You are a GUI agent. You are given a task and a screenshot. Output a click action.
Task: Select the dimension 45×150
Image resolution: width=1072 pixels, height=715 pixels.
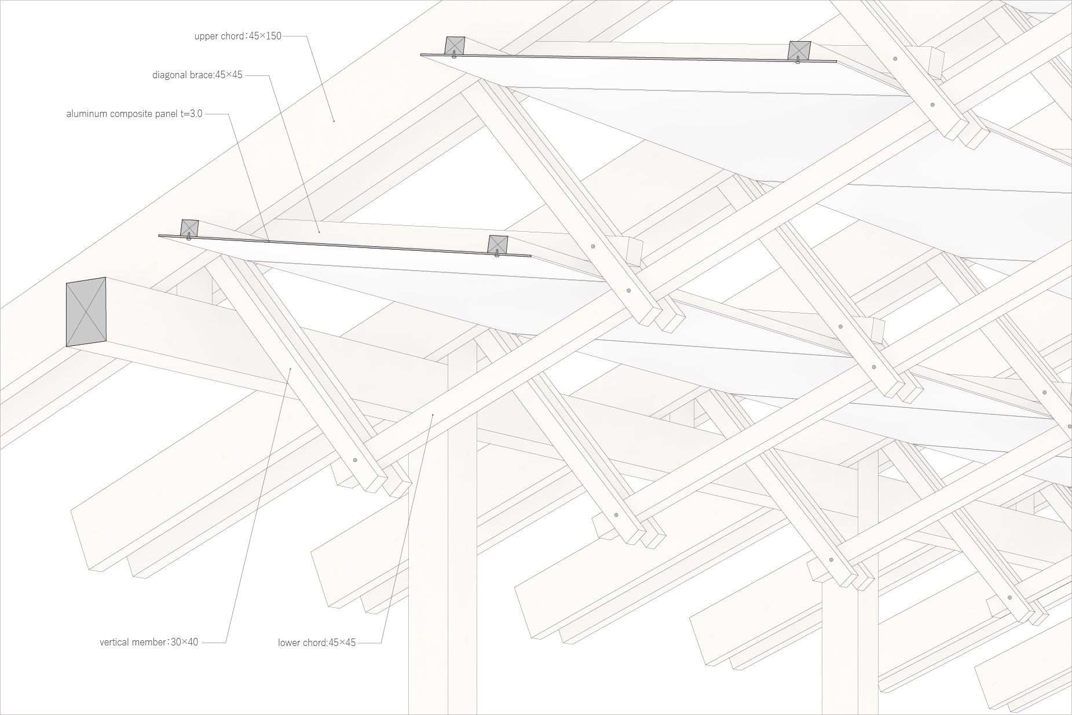(265, 36)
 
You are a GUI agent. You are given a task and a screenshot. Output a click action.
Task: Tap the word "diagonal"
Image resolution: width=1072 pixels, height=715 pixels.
(170, 75)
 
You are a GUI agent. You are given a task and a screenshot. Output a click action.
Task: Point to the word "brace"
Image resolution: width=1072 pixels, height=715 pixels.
(202, 75)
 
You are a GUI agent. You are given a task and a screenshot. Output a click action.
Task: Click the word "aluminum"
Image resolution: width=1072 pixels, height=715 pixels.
(87, 114)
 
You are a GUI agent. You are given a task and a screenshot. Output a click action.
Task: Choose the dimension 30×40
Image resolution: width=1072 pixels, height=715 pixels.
(185, 642)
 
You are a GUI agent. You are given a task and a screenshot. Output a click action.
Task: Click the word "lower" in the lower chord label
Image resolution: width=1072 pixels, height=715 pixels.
(289, 643)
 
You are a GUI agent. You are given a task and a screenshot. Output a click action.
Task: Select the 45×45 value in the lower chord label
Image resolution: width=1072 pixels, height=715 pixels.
(342, 643)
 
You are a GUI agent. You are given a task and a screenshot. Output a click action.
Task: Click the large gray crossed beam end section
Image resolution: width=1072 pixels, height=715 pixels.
(86, 312)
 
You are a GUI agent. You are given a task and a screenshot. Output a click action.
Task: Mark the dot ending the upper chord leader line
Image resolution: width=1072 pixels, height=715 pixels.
(334, 121)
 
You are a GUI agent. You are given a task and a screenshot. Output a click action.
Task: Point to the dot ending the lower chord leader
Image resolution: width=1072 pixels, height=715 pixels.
(433, 415)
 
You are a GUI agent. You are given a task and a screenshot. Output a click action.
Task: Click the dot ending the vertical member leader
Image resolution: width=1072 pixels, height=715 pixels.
(290, 368)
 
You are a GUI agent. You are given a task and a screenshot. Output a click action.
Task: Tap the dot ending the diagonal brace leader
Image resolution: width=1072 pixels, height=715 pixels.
(319, 232)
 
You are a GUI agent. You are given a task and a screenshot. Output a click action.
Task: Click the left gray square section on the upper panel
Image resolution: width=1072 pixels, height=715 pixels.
(455, 46)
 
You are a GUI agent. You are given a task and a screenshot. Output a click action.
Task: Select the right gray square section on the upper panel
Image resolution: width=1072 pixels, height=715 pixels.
(799, 50)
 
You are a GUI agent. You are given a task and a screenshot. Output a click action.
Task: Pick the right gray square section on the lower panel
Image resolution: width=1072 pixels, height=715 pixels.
(498, 245)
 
